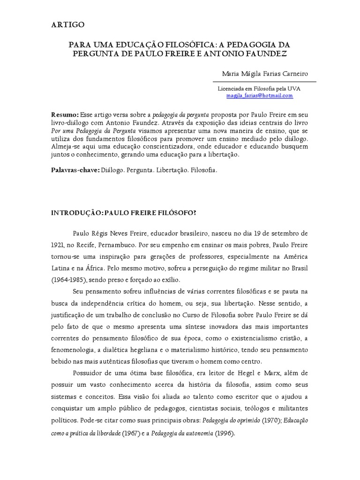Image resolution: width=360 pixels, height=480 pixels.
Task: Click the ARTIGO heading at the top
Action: (68, 25)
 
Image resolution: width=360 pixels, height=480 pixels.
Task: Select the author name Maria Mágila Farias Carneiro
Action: (264, 74)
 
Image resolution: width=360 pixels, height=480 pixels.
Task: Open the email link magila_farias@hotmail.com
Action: (259, 95)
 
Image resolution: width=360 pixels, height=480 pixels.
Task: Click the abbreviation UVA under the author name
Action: (294, 88)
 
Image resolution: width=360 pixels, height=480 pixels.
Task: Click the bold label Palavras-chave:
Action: (75, 171)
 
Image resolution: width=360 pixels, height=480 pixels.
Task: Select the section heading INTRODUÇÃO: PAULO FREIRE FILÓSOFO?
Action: (123, 212)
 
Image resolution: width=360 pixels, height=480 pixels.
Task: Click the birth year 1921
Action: (58, 244)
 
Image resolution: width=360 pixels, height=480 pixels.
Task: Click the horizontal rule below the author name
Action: (264, 82)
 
